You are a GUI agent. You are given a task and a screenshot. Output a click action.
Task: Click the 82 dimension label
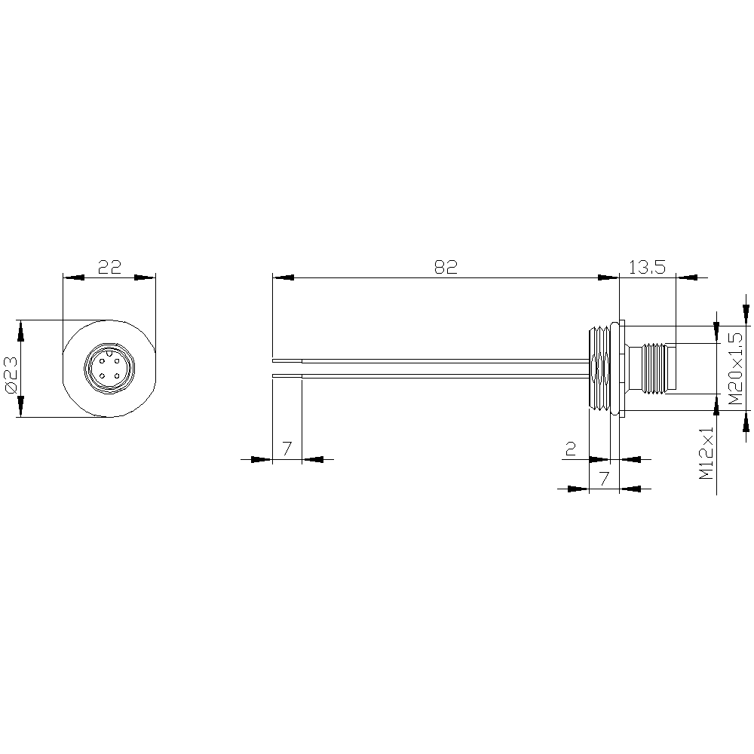(446, 267)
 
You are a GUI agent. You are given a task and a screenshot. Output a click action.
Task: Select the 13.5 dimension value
(647, 267)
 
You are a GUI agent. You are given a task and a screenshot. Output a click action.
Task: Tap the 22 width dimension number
(109, 267)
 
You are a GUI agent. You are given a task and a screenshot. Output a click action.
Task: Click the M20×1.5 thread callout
(735, 369)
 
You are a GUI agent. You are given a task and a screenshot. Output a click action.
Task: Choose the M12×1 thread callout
(706, 453)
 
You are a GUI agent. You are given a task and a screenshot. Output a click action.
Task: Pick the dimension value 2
(571, 449)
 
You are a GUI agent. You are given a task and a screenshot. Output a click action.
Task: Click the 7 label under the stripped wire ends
(287, 449)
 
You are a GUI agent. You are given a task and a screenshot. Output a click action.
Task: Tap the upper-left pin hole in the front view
(103, 361)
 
